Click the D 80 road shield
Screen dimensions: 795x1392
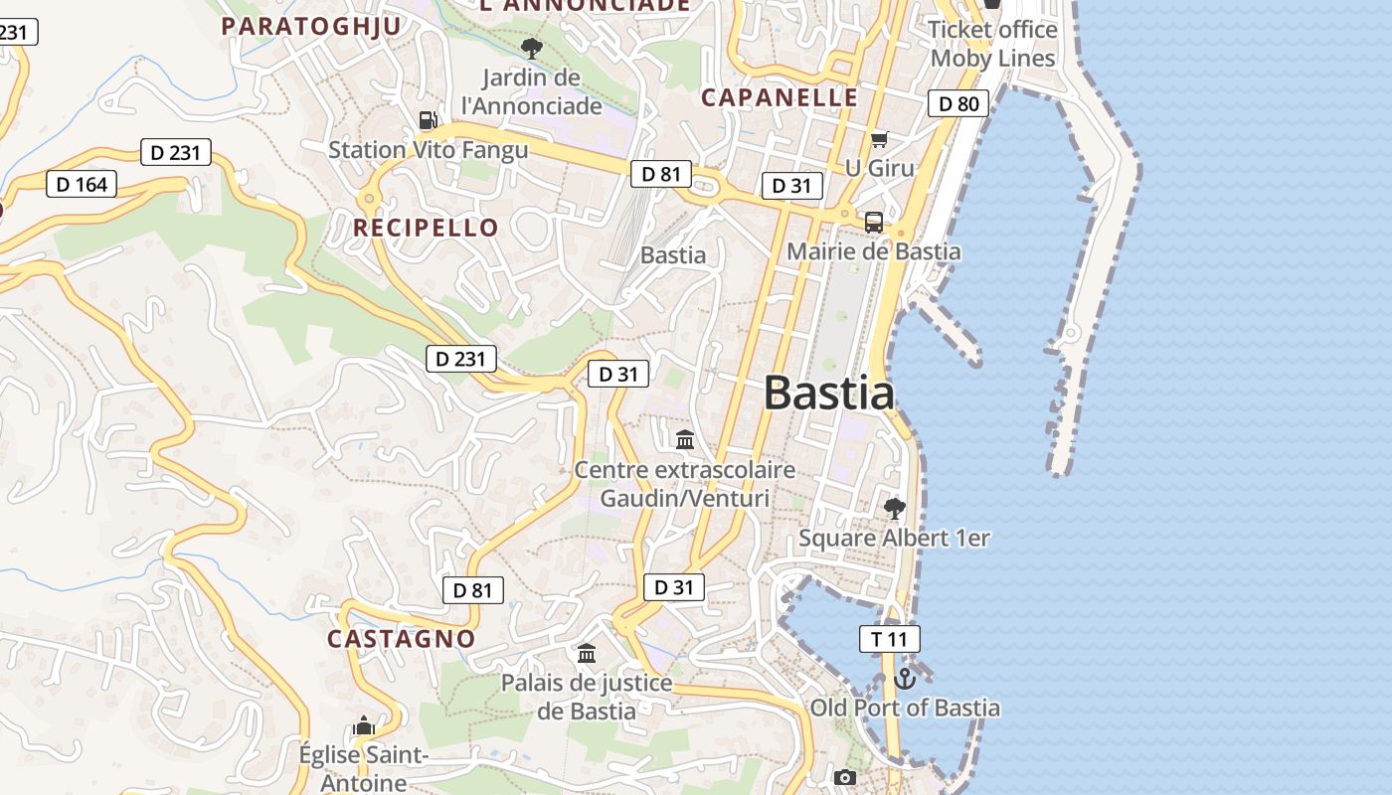958,103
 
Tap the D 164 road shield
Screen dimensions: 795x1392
82,184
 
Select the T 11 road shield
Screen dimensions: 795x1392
890,639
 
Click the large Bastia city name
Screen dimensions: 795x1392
829,394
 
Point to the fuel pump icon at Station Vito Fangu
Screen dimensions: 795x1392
428,120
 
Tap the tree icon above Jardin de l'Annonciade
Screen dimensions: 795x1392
532,47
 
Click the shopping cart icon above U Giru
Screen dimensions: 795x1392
879,139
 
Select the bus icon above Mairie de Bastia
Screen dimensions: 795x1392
874,223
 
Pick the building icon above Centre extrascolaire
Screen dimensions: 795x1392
685,439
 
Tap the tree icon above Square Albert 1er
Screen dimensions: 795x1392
894,509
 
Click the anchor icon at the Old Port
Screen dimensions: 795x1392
904,679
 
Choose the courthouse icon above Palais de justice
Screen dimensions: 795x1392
587,654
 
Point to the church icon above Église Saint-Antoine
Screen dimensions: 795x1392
364,726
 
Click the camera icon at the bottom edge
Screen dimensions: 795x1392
845,777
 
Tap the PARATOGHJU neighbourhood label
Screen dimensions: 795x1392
311,26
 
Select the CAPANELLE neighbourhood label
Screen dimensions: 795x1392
780,97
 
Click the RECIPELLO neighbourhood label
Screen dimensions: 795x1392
426,228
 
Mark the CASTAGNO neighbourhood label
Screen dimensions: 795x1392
402,638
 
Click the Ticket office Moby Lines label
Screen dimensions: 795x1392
992,44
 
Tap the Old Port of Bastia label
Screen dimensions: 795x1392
905,708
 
